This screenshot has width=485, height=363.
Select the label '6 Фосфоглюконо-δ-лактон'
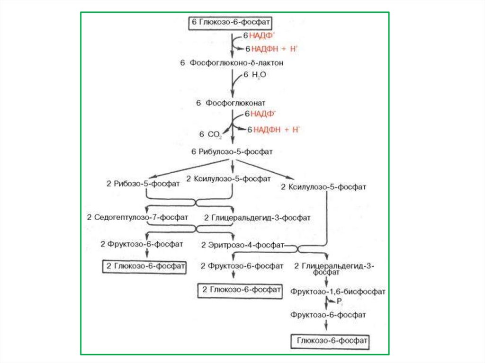[232, 62]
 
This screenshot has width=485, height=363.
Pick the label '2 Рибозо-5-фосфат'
[143, 184]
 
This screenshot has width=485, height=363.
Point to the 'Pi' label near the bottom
[339, 302]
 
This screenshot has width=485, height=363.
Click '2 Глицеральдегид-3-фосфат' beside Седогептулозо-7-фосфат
[257, 218]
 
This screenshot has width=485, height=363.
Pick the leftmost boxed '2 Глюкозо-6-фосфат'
[144, 266]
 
